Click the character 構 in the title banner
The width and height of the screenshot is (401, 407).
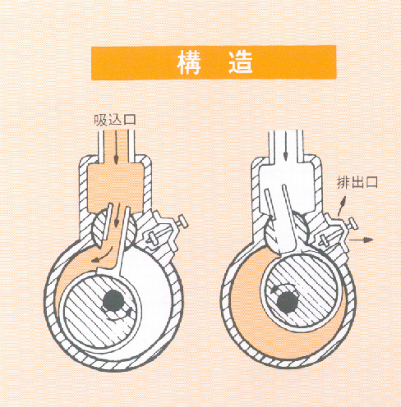(189, 62)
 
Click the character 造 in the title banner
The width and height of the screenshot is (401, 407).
(241, 62)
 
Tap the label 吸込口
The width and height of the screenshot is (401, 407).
(115, 120)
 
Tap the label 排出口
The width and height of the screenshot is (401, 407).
(357, 182)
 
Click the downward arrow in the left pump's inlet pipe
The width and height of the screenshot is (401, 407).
(116, 148)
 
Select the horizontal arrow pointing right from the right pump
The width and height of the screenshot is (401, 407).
(362, 240)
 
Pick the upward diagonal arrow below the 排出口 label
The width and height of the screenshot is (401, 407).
(341, 206)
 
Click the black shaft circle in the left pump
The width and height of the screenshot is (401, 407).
(113, 301)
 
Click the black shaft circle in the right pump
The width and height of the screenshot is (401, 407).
(288, 302)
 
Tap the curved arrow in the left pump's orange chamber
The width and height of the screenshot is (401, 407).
(104, 255)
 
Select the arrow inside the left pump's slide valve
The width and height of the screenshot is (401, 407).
(118, 215)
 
